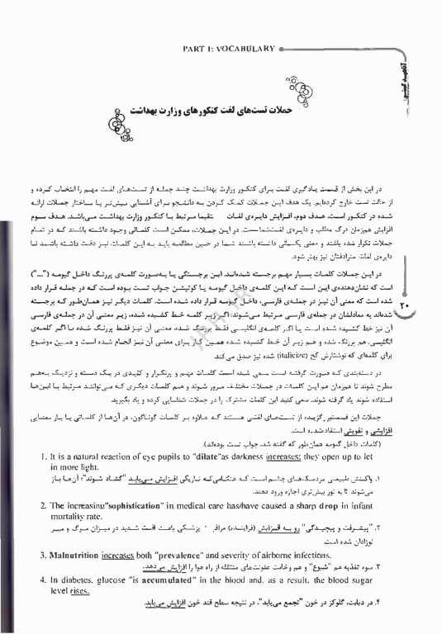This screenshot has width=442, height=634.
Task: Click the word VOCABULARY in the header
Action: click(x=242, y=49)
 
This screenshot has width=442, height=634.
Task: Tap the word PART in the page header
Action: click(x=194, y=49)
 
